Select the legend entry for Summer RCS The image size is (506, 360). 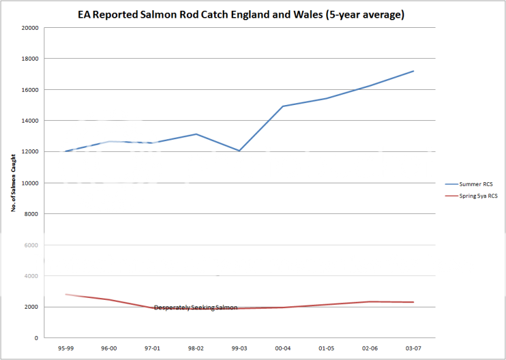471,183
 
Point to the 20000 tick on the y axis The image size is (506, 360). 29,28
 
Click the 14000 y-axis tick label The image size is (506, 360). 29,121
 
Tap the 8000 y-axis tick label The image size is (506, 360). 30,214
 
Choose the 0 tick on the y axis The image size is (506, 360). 36,338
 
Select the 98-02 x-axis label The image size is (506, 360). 196,347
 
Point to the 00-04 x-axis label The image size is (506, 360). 282,347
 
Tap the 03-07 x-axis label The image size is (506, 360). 413,347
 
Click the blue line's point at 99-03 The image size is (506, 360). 239,151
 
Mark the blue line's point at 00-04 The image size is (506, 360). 282,106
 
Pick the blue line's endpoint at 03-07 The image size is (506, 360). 413,71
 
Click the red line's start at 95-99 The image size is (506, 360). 65,294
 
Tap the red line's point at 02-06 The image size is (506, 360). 370,302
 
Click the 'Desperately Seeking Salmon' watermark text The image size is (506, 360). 196,307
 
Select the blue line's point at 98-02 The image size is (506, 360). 196,134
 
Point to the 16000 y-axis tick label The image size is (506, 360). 29,90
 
